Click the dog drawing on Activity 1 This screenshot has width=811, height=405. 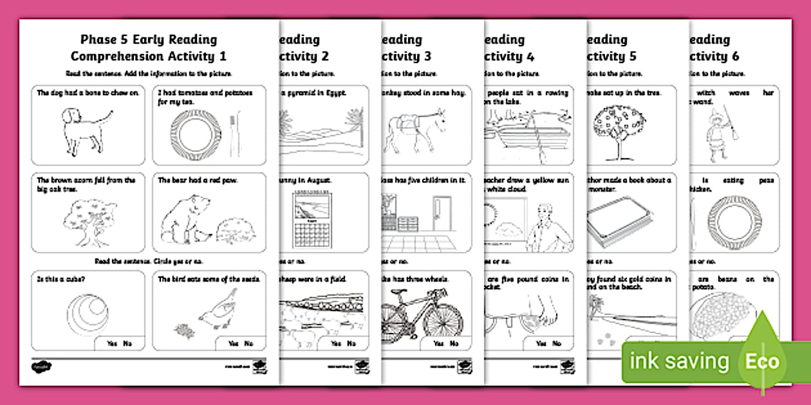[82, 129]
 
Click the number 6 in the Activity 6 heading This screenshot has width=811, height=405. [734, 56]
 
